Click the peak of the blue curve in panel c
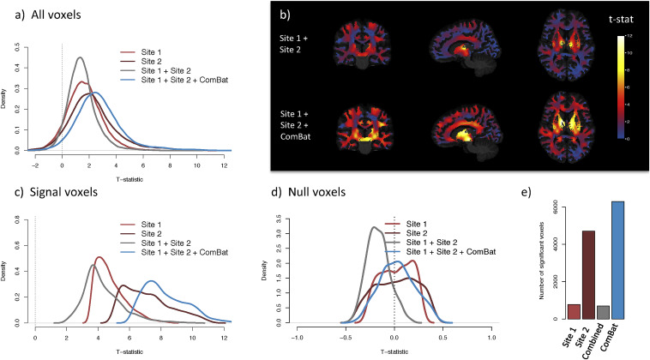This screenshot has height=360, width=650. click(x=151, y=280)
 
